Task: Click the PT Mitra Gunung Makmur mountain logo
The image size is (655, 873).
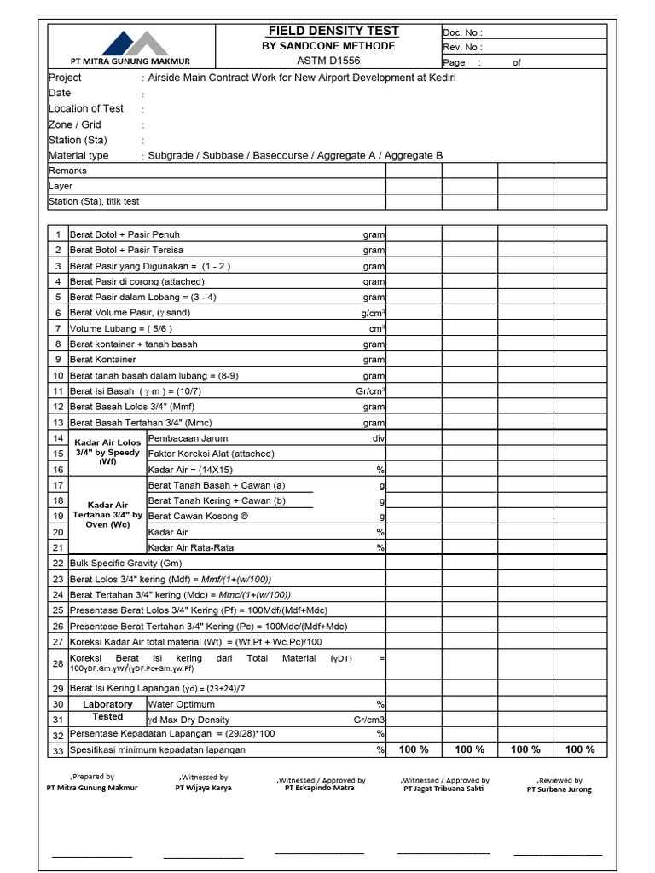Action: (x=130, y=43)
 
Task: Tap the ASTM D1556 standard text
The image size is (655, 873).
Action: (x=328, y=61)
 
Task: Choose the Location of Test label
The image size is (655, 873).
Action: (x=86, y=108)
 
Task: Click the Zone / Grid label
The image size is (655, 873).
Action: (x=75, y=124)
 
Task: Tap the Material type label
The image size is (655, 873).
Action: (x=78, y=155)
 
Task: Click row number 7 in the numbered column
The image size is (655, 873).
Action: (x=58, y=328)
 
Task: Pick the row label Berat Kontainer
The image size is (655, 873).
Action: (x=103, y=360)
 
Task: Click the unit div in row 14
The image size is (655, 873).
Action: (x=378, y=438)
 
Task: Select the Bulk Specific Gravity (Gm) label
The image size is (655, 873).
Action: (x=126, y=563)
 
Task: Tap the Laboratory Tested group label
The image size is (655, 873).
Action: (x=107, y=711)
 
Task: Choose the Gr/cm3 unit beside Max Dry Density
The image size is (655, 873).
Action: (x=369, y=720)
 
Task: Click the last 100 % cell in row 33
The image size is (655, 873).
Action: (x=580, y=749)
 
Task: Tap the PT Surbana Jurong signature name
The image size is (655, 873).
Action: (x=559, y=789)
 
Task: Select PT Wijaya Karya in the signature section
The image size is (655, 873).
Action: (x=203, y=788)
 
